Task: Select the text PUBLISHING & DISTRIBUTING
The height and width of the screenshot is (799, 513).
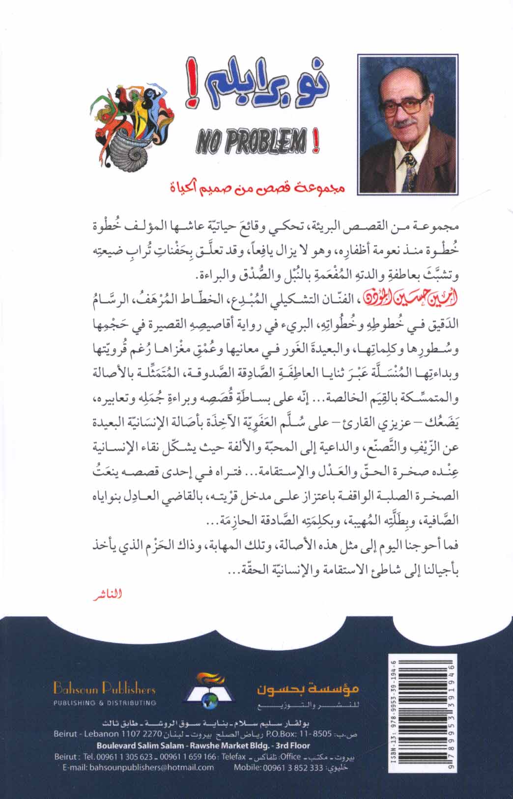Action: pyautogui.click(x=104, y=703)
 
